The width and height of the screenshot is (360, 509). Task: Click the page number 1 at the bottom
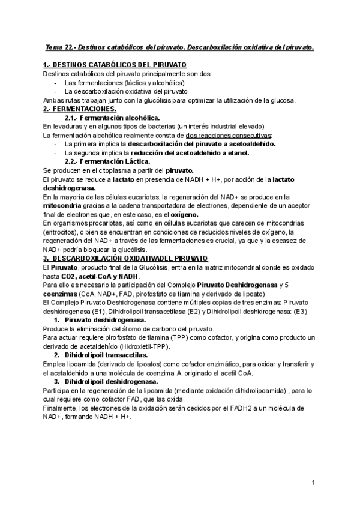click(314, 483)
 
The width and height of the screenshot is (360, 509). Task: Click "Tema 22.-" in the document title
click(62, 46)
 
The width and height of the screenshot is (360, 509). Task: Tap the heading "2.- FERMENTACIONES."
click(80, 109)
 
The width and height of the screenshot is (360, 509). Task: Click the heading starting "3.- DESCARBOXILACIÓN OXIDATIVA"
click(113, 257)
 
